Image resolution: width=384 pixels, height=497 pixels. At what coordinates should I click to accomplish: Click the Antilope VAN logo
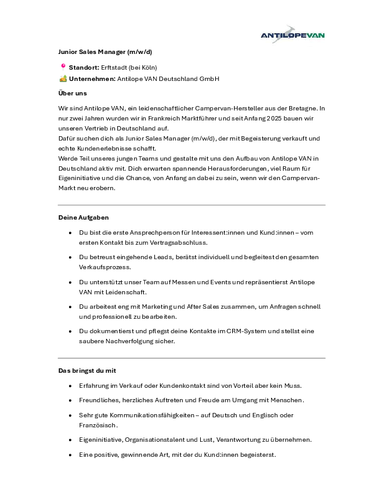[292, 35]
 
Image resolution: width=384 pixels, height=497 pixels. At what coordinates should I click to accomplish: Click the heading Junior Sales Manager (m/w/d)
[105, 51]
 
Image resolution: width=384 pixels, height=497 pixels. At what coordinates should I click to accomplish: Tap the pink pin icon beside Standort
[63, 66]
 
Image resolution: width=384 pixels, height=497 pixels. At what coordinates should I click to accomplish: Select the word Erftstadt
[115, 67]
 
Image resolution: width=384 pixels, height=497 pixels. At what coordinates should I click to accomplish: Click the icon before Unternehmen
[63, 78]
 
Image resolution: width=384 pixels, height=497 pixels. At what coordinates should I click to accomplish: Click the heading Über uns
[72, 94]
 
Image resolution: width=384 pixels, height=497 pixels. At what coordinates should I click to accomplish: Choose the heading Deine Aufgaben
[83, 217]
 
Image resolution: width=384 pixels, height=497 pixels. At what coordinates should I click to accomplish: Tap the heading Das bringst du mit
[87, 371]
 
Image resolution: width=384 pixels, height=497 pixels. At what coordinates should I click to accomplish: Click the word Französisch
[98, 425]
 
